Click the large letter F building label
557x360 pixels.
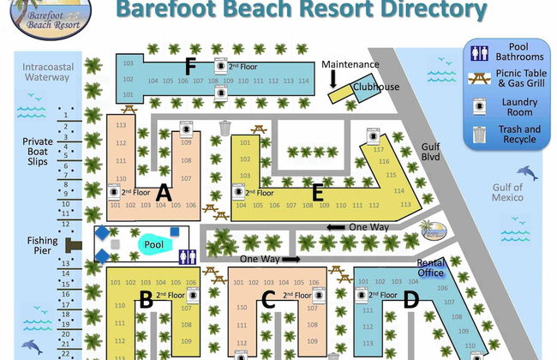pyautogui.click(x=190, y=65)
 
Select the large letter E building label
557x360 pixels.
pyautogui.click(x=317, y=191)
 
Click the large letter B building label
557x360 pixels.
pyautogui.click(x=146, y=300)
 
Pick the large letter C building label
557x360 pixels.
pyautogui.click(x=268, y=300)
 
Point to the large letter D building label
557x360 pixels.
pyautogui.click(x=410, y=299)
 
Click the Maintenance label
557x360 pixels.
pyautogui.click(x=350, y=64)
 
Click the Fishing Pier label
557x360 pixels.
pyautogui.click(x=40, y=247)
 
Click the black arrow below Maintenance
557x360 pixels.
pyautogui.click(x=333, y=80)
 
